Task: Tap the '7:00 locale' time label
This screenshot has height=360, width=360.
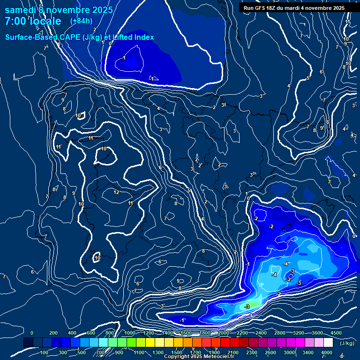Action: (33, 21)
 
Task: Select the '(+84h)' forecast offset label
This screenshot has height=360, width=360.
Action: (81, 21)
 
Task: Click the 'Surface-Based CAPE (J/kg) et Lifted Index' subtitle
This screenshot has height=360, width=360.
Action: (79, 37)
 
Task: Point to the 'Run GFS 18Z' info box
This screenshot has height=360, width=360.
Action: (294, 8)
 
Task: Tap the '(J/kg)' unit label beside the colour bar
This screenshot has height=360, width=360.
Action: (347, 343)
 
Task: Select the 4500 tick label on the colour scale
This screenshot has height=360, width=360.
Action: (336, 333)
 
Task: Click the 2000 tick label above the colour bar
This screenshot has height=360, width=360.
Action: (224, 333)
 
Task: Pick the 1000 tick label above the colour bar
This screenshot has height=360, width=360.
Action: (130, 333)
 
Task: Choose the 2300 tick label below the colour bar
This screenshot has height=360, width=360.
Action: (252, 352)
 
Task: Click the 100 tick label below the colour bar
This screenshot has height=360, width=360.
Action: (45, 352)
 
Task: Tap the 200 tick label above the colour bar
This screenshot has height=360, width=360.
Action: (53, 333)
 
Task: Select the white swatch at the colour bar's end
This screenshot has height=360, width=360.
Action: (328, 343)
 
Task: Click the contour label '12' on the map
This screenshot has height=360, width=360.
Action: (116, 192)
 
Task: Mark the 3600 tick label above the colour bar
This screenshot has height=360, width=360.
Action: (317, 333)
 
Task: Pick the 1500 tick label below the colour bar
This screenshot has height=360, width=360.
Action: (177, 352)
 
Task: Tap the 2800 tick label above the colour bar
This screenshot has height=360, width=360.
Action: (280, 333)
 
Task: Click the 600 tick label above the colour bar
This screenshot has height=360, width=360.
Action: (90, 333)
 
